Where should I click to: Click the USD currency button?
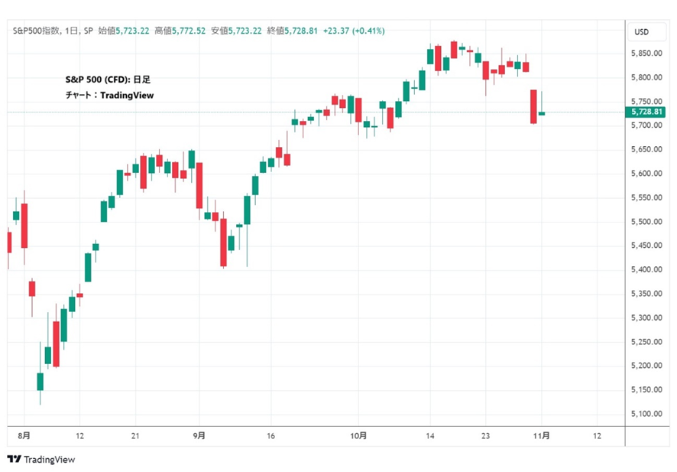(x=641, y=32)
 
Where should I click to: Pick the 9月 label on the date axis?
(x=199, y=435)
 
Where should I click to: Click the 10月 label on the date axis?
(x=358, y=435)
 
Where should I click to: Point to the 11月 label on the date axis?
(x=542, y=435)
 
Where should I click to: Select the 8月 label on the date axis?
(x=24, y=435)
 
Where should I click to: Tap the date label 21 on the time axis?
(x=135, y=435)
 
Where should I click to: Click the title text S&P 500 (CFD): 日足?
(x=109, y=80)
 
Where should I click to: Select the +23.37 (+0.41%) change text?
(x=354, y=31)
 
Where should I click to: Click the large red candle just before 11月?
(x=533, y=106)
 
